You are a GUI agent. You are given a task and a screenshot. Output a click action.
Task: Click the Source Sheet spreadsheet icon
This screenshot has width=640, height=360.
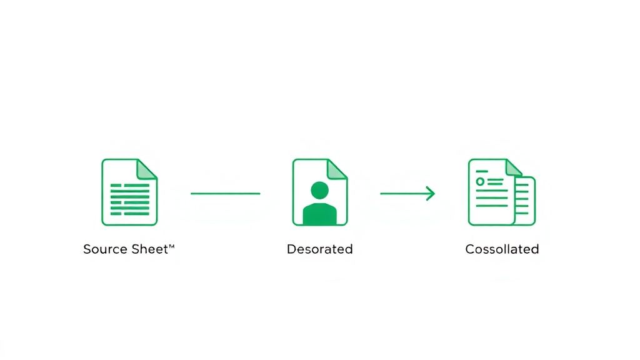click(129, 192)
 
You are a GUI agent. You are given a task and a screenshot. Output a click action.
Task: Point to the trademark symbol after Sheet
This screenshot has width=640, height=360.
click(171, 246)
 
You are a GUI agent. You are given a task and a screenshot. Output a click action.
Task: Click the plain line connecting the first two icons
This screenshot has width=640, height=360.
click(225, 194)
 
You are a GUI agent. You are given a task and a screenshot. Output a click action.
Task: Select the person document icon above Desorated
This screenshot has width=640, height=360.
click(320, 192)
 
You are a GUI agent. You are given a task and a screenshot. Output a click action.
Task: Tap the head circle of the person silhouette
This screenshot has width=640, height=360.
click(319, 190)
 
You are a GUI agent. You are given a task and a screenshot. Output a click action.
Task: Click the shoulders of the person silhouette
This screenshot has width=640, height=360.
click(319, 214)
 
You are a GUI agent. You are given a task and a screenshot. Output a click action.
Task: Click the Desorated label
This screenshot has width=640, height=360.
click(319, 249)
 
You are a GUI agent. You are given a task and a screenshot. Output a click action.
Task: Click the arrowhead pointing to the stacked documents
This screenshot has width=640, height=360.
click(431, 194)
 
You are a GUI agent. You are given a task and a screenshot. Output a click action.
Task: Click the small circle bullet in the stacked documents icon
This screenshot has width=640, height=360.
click(480, 182)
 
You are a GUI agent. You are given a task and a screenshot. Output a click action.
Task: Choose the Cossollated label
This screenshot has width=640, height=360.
click(502, 249)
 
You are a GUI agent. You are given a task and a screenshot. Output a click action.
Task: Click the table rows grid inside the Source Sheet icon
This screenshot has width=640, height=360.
click(130, 199)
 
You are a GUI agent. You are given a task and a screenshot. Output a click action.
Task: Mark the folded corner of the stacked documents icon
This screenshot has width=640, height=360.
click(513, 168)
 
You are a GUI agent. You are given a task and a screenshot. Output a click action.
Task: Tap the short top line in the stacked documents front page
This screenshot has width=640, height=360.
click(482, 171)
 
